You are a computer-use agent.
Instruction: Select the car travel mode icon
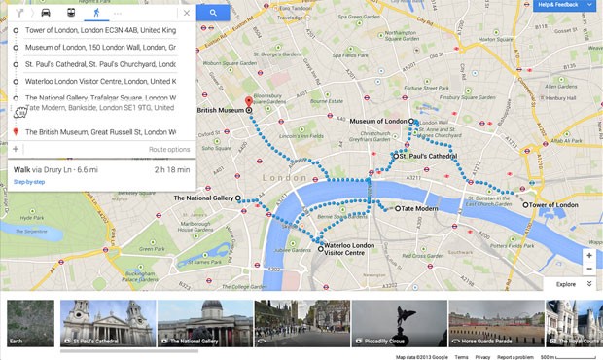point(46,13)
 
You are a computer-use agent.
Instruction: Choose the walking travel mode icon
point(96,13)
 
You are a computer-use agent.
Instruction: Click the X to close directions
point(186,13)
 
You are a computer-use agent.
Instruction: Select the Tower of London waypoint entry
point(97,30)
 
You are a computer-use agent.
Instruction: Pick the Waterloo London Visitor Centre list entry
point(97,81)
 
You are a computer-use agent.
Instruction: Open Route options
point(169,149)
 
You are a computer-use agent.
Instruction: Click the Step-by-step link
point(30,182)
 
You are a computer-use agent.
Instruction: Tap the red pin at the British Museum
point(248,101)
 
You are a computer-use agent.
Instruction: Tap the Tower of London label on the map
point(553,205)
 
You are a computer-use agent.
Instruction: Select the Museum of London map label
point(378,121)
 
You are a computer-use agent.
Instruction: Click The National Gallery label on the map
point(203,198)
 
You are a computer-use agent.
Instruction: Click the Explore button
point(566,284)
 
